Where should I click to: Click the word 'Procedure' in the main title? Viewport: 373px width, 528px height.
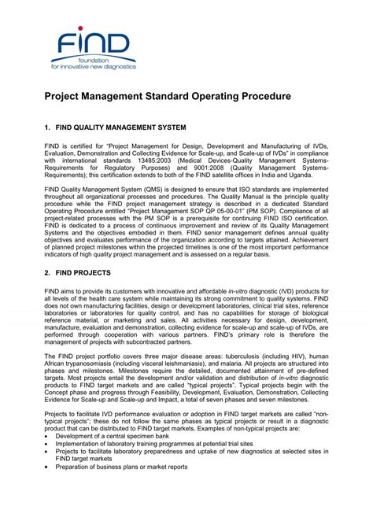tap(259, 96)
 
